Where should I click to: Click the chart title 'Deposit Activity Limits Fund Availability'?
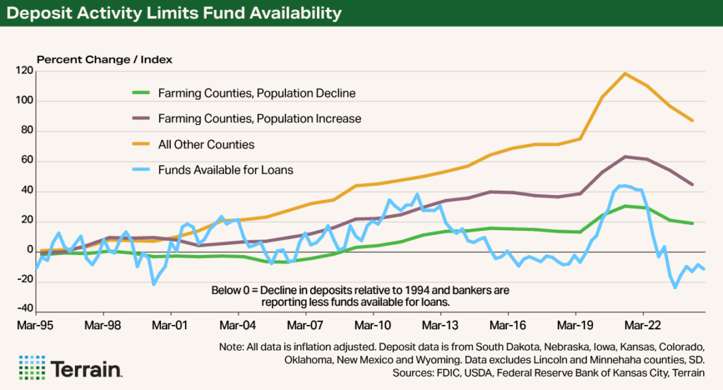click(177, 13)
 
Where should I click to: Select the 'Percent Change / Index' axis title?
click(104, 59)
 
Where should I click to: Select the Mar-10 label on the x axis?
click(373, 327)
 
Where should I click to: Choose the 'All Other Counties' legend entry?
click(206, 144)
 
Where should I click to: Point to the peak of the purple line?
click(625, 157)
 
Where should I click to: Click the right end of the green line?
click(693, 223)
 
